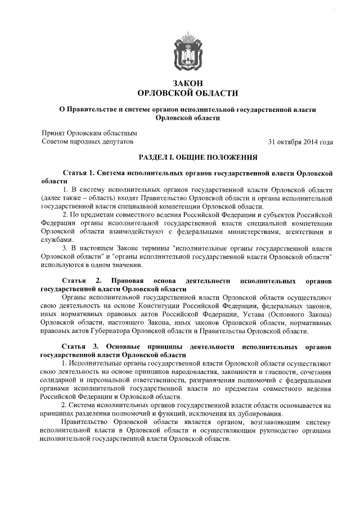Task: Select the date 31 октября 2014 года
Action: (300, 141)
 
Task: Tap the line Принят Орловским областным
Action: (89, 133)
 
